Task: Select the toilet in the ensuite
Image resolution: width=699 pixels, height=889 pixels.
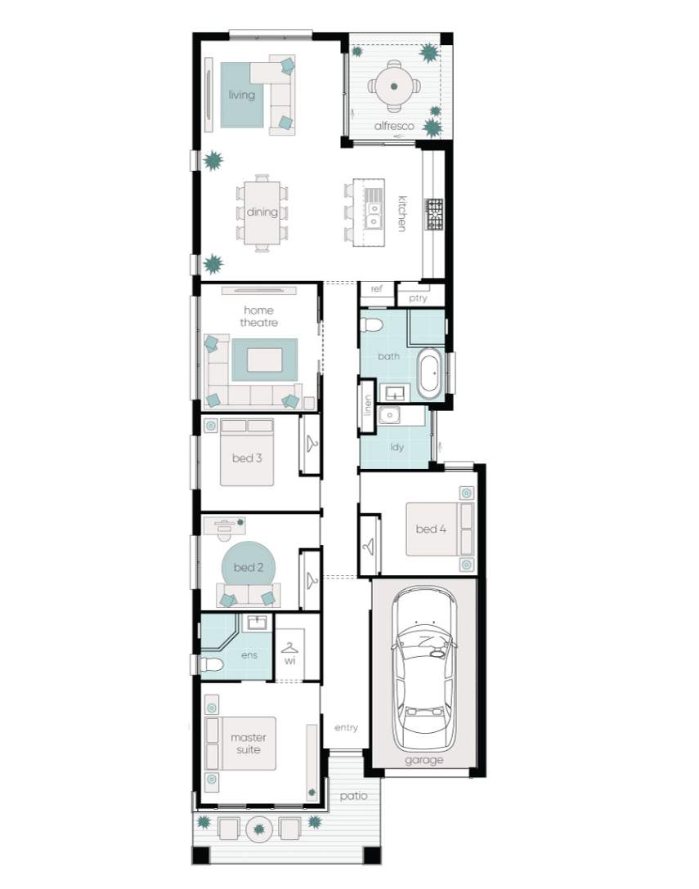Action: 210,665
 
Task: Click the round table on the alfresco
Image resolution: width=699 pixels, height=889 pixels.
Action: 394,86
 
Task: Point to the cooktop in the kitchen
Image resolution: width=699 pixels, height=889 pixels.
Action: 435,214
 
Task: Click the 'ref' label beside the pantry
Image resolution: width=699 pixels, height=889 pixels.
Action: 376,288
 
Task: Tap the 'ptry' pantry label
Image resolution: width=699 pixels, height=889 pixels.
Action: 418,298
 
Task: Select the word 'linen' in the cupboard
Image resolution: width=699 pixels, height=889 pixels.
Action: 367,406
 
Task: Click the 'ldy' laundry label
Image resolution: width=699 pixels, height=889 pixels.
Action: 397,447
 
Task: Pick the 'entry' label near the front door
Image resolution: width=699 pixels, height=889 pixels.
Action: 346,727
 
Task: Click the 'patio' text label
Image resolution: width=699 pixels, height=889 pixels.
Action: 353,796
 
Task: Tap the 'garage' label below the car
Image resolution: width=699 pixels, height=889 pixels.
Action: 423,760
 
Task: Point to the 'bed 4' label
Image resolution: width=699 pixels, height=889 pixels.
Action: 431,529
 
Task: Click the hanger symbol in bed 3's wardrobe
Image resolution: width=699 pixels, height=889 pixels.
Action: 311,444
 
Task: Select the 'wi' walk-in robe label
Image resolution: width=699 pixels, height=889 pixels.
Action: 290,661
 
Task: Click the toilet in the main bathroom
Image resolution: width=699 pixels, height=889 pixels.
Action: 372,325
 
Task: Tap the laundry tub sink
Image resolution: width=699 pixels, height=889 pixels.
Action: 390,416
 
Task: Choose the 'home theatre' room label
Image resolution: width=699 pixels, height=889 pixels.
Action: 258,316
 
